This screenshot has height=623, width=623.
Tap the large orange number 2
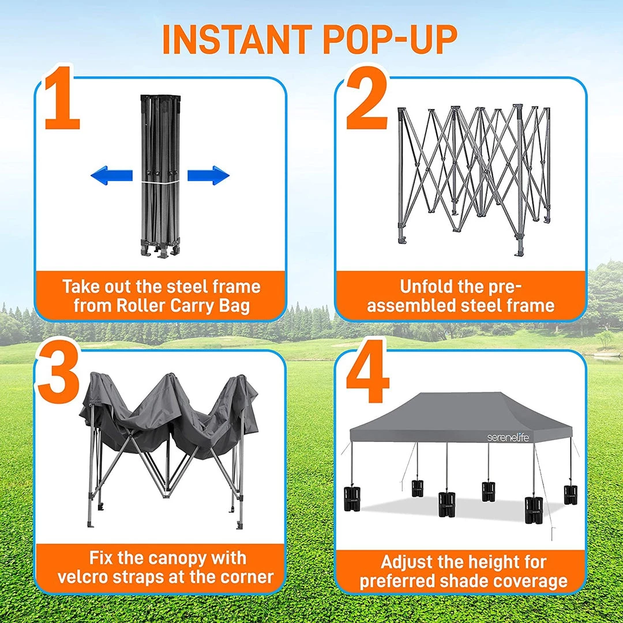pyautogui.click(x=367, y=98)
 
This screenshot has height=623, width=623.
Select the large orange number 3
pyautogui.click(x=59, y=372)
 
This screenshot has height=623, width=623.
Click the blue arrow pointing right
pyautogui.click(x=209, y=175)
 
